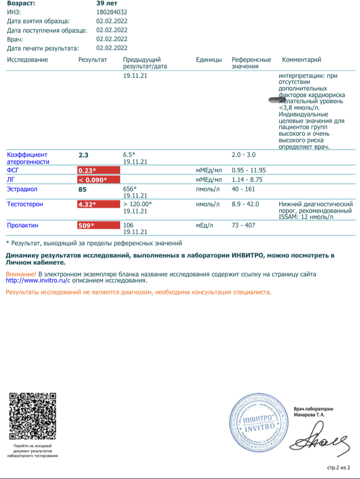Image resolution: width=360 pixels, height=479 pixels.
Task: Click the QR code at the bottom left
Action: (32, 416)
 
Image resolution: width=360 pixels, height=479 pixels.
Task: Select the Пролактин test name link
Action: (23, 225)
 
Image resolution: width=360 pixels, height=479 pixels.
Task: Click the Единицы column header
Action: (208, 60)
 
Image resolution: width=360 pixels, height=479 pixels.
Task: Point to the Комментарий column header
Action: (301, 60)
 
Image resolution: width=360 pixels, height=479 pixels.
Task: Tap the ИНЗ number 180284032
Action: (112, 12)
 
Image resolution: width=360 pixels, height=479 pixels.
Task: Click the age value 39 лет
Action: (107, 3)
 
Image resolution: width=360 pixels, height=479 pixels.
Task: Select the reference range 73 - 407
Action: (243, 225)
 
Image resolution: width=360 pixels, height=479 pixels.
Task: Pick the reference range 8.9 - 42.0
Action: (245, 204)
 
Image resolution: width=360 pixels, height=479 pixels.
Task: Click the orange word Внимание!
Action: (21, 274)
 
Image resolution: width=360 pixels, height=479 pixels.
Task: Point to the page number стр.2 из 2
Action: (339, 468)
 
